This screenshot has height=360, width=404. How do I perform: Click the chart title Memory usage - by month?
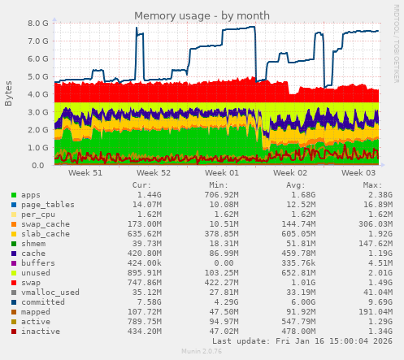[x=202, y=15]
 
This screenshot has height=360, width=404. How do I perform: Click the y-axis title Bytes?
[x=9, y=93]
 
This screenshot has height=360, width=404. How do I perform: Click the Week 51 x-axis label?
[x=85, y=173]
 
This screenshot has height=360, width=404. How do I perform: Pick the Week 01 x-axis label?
[x=222, y=173]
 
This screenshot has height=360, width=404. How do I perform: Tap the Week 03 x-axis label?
[x=358, y=173]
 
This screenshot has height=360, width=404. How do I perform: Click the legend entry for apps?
[x=31, y=196]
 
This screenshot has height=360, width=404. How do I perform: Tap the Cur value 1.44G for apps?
[x=148, y=196]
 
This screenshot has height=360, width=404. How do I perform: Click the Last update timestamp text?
[x=301, y=341]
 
